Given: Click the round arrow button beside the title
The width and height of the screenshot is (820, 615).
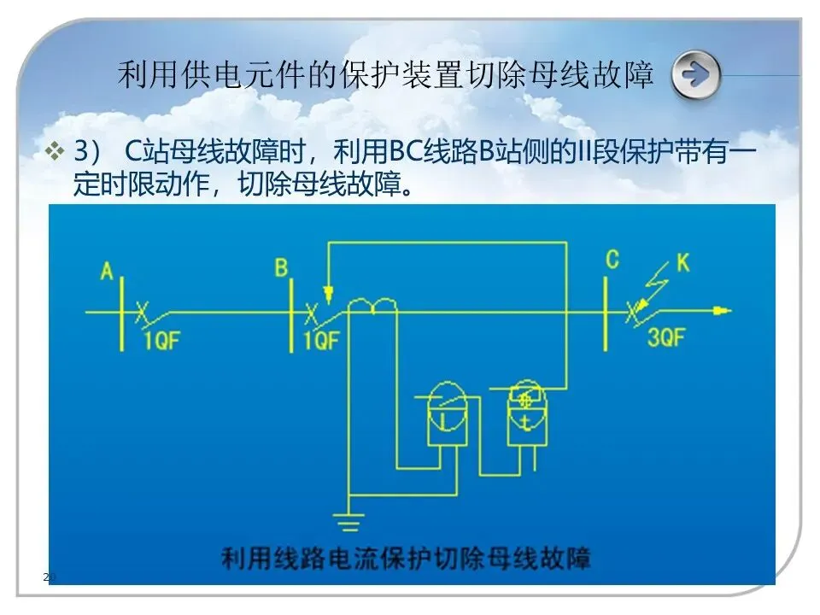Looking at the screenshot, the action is click(x=695, y=75).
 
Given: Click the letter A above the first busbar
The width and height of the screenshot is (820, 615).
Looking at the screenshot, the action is click(x=108, y=272).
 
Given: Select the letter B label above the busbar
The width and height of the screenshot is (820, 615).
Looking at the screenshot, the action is click(x=281, y=268).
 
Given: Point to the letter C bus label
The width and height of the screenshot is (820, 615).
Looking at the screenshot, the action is click(x=612, y=260).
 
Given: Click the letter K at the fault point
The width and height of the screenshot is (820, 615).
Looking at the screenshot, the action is click(x=683, y=263).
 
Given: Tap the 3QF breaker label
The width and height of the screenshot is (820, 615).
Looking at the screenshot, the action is click(x=666, y=337).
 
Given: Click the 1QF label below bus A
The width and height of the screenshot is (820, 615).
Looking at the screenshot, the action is click(x=161, y=341).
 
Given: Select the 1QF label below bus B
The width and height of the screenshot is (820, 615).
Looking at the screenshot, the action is click(x=321, y=341).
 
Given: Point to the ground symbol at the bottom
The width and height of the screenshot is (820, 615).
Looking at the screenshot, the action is click(x=348, y=518).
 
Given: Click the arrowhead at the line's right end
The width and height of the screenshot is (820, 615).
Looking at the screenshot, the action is click(x=724, y=311).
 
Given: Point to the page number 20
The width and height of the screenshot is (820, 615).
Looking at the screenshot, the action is click(x=49, y=578).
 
